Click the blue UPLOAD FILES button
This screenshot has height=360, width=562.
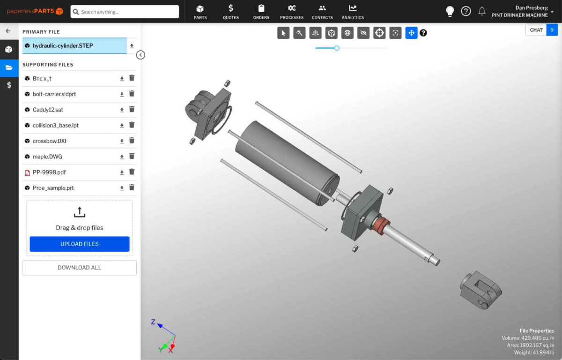pos(80,244)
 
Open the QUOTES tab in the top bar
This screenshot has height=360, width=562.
pos(231,12)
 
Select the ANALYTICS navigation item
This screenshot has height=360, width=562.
pos(353,12)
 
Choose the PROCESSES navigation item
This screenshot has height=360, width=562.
pos(292,12)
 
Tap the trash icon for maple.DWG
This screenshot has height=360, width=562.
pos(132,157)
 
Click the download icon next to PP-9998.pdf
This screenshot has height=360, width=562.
pos(122,172)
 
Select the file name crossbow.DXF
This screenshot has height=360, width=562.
pos(47,141)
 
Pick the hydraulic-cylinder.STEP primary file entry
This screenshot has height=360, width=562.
pos(63,46)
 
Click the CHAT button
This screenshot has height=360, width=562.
pos(536,30)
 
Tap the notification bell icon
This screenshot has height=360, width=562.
pos(482,11)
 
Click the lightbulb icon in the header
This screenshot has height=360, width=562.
pos(450,11)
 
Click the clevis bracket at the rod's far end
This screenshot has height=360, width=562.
pos(480,289)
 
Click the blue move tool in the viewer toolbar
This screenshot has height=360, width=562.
pos(411,33)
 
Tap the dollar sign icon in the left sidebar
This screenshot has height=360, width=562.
pos(9,85)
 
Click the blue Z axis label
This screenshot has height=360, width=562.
pos(153,322)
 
